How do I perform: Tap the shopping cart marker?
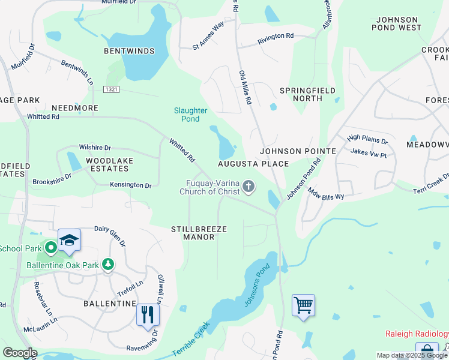[303, 305]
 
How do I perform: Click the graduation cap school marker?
[69, 240]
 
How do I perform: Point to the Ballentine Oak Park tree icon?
[108, 265]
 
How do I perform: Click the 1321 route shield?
[110, 89]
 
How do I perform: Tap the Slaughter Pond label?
[190, 115]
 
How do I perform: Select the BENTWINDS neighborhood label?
[129, 51]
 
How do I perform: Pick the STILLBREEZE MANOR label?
[193, 233]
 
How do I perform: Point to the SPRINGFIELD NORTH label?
[301, 94]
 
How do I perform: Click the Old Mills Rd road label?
[244, 88]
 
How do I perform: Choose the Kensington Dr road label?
[131, 185]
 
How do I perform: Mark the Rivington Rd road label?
[276, 37]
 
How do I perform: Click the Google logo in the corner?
[20, 353]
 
